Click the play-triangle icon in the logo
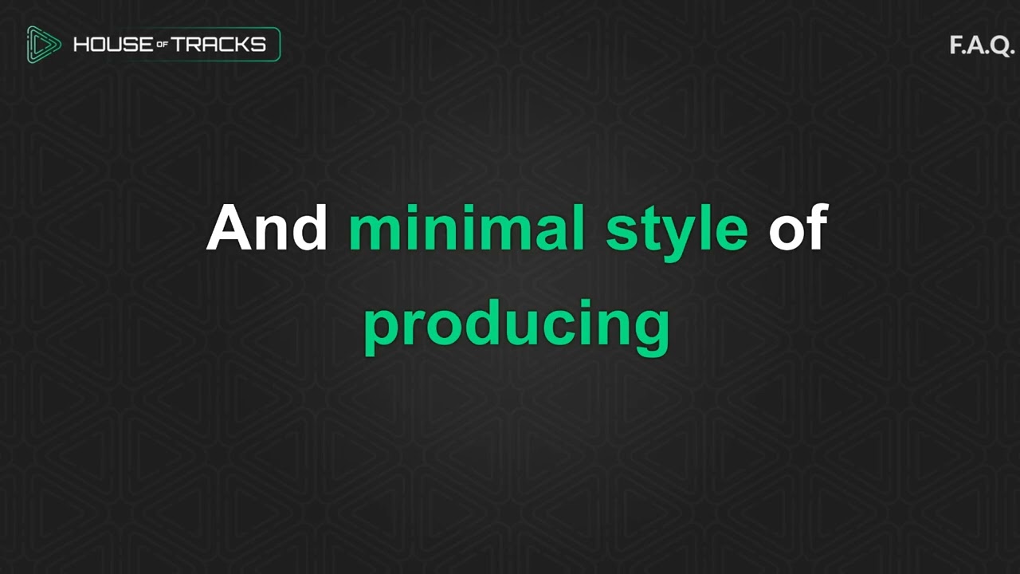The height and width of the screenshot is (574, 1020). click(43, 45)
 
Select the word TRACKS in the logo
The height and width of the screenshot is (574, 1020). click(218, 45)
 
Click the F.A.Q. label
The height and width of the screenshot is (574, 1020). click(981, 45)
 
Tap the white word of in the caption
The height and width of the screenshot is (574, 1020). click(798, 229)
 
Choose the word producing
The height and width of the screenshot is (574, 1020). click(516, 325)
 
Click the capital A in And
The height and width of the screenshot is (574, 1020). click(231, 229)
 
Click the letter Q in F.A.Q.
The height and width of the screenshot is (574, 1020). click(1001, 45)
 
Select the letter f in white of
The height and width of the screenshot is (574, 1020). click(818, 227)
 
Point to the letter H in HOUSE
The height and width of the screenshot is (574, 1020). click(81, 45)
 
